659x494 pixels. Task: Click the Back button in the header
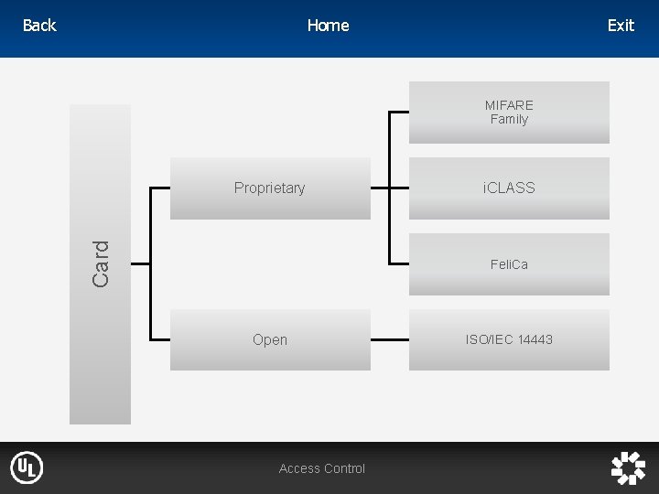pyautogui.click(x=38, y=26)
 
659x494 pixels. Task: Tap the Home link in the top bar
pyautogui.click(x=328, y=26)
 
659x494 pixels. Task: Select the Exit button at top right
pyautogui.click(x=621, y=26)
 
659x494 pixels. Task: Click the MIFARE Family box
pyautogui.click(x=509, y=113)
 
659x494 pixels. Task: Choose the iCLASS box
pyautogui.click(x=509, y=188)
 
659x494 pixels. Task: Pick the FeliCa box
pyautogui.click(x=509, y=264)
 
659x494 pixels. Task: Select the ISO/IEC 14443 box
pyautogui.click(x=509, y=339)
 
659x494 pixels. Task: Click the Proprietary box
pyautogui.click(x=270, y=188)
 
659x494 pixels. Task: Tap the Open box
pyautogui.click(x=270, y=339)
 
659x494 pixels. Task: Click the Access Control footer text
pyautogui.click(x=322, y=468)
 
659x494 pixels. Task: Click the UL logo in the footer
pyautogui.click(x=27, y=468)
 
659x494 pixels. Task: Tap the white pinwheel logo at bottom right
pyautogui.click(x=628, y=468)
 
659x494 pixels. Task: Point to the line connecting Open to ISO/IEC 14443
pyautogui.click(x=389, y=339)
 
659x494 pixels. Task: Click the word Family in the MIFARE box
pyautogui.click(x=509, y=120)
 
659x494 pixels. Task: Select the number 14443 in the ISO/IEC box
pyautogui.click(x=535, y=339)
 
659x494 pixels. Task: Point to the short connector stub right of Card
pyautogui.click(x=140, y=263)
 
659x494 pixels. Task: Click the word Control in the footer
pyautogui.click(x=345, y=468)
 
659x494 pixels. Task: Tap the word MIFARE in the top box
pyautogui.click(x=509, y=105)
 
